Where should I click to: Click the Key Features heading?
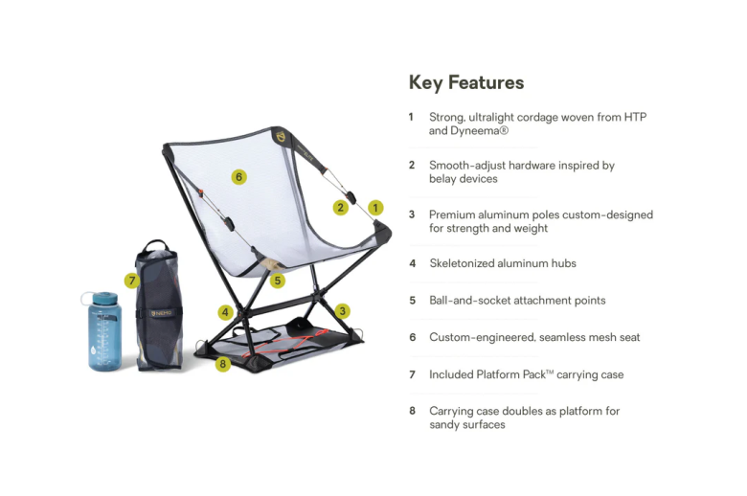[x=466, y=82]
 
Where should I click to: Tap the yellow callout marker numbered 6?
[x=238, y=176]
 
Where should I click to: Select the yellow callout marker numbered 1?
[x=375, y=207]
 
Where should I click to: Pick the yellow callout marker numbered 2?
[x=341, y=207]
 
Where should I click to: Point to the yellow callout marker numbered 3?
[x=343, y=310]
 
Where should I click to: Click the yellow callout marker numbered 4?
[x=225, y=311]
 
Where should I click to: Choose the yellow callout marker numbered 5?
[x=277, y=281]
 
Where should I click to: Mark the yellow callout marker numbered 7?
[x=132, y=281]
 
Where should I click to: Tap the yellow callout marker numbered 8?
[x=223, y=364]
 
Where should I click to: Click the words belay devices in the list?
[x=464, y=179]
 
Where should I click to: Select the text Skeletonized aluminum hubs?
[x=502, y=263]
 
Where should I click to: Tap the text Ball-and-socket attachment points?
[x=517, y=300]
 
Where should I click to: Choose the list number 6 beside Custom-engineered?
[x=412, y=337]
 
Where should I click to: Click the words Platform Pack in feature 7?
[x=510, y=374]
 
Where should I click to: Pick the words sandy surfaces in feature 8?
[x=467, y=424]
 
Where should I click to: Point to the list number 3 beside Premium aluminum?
[x=412, y=214]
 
